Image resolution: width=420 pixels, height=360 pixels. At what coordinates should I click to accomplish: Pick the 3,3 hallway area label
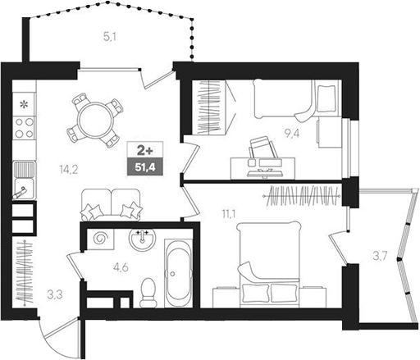coord(54,292)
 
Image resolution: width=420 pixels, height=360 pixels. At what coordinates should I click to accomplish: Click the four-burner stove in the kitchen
coord(25,127)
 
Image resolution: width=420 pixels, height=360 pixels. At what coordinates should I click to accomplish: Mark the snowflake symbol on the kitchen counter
coord(24,104)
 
